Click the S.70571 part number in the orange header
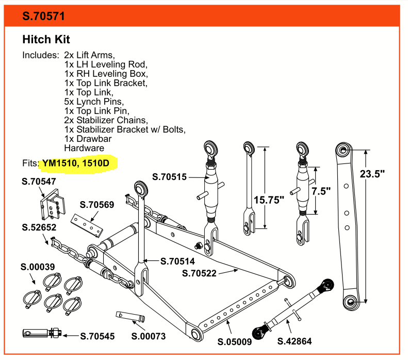[x=43, y=16]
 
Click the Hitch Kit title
[x=46, y=40]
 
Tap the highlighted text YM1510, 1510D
[x=76, y=163]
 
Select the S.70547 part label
[x=39, y=182]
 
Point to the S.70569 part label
[x=97, y=205]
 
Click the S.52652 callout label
[x=39, y=227]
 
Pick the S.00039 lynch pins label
[x=38, y=267]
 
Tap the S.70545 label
[x=97, y=336]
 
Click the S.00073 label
[x=149, y=336]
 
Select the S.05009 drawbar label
[x=235, y=342]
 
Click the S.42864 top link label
[x=295, y=341]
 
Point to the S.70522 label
[x=199, y=273]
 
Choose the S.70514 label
[x=177, y=261]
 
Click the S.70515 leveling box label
[x=169, y=177]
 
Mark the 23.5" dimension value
[x=372, y=174]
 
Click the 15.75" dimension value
[x=269, y=200]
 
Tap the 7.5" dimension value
[x=321, y=191]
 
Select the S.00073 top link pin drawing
[x=130, y=317]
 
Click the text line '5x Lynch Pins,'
[x=94, y=102]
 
